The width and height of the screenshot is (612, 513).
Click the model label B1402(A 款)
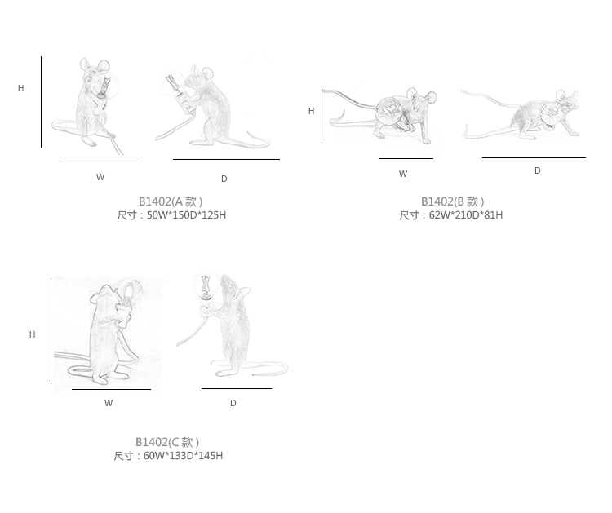click(x=171, y=201)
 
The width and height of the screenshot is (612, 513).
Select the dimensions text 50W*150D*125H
click(x=186, y=215)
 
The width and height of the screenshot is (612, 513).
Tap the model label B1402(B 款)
click(x=452, y=201)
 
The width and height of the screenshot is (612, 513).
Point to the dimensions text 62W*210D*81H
click(x=466, y=215)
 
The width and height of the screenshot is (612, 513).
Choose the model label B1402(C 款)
click(x=167, y=442)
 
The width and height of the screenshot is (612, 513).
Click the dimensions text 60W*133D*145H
click(x=183, y=456)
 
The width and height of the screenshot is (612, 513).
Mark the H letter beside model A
click(x=21, y=88)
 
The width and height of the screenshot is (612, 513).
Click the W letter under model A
click(x=100, y=177)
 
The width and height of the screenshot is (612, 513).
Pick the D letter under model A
click(x=224, y=179)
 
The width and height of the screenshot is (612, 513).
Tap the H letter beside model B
click(x=311, y=111)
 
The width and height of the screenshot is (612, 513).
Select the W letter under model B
click(x=403, y=174)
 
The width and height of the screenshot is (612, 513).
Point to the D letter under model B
click(x=538, y=170)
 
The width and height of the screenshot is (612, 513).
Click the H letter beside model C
click(x=33, y=334)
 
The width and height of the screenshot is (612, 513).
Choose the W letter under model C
click(x=109, y=403)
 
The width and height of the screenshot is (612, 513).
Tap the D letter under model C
click(x=233, y=403)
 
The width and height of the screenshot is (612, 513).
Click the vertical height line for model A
click(x=41, y=102)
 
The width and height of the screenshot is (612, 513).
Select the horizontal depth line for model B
click(x=534, y=157)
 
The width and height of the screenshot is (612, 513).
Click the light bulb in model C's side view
click(x=206, y=283)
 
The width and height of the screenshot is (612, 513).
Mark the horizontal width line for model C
click(x=111, y=389)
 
